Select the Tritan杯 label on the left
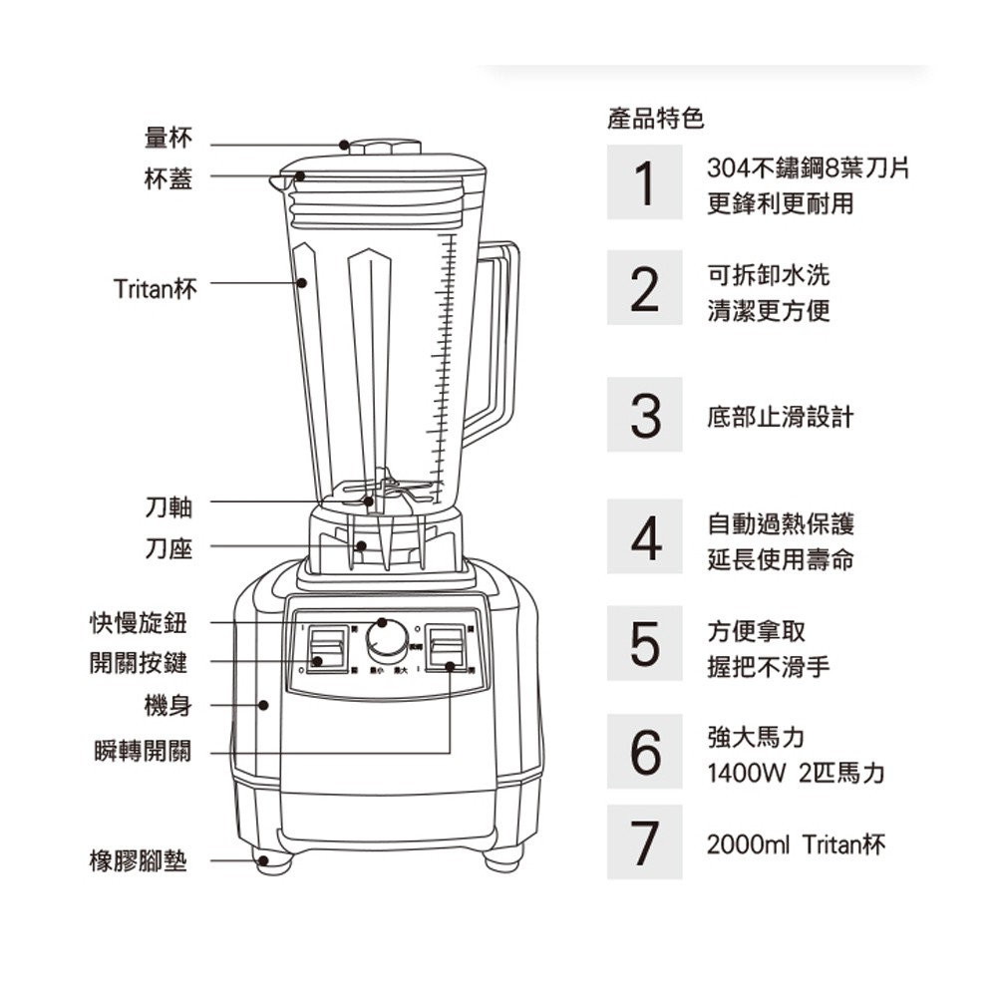155,289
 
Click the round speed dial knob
386,639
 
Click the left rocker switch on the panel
326,650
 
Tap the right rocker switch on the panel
446,650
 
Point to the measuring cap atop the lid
384,147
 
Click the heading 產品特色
655,121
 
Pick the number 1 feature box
644,182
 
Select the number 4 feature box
644,539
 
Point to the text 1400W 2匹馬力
795,774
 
